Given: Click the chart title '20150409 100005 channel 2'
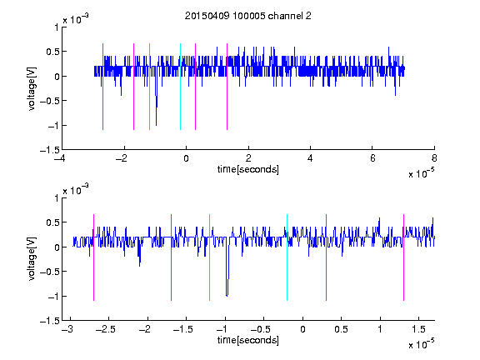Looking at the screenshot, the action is pos(248,16).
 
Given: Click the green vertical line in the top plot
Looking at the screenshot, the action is pos(149,87).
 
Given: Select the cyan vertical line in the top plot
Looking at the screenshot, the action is pos(180,87).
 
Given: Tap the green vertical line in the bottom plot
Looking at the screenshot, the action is pos(209,257).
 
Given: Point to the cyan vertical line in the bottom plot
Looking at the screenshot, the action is pos(287,257).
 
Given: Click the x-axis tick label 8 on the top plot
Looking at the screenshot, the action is pos(434,158).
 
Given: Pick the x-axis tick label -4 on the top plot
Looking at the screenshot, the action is pos(60,158).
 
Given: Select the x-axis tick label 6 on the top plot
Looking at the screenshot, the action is pos(372,158).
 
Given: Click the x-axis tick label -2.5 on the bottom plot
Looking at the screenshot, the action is pos(105,329).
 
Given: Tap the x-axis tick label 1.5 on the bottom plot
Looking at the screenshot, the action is pos(418,329).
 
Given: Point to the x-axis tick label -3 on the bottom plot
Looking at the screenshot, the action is pos(67,329).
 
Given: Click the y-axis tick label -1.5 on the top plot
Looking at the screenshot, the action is pos(50,150).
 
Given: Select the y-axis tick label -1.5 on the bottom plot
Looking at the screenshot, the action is pos(50,321).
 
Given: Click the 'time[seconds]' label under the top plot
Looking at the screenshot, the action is pos(248,169).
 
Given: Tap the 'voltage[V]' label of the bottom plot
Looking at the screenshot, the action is pos(32,258).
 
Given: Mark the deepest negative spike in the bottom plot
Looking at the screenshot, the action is pos(227,296).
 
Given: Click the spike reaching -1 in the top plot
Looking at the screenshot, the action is pos(156,125).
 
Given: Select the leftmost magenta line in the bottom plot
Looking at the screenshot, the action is pos(93,257).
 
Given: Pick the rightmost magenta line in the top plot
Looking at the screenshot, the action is pos(227,87).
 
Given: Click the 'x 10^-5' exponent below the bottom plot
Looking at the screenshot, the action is pos(421,344).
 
